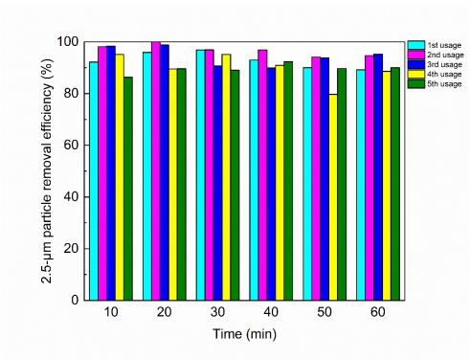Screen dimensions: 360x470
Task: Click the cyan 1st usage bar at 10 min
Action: coord(93,181)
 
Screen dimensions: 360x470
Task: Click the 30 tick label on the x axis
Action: coord(217,314)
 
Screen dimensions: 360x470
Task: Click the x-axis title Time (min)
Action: coord(244,333)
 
